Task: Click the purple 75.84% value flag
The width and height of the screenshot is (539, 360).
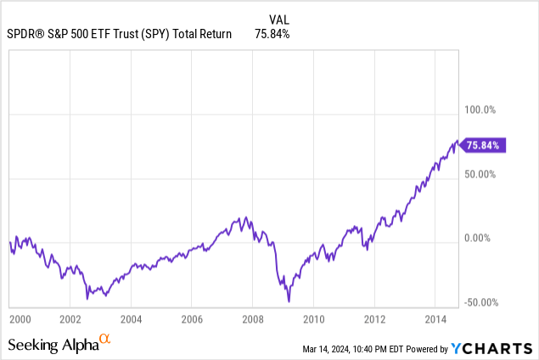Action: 486,145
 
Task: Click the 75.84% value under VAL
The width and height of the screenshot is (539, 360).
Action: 272,35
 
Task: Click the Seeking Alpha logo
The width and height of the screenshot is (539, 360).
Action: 59,344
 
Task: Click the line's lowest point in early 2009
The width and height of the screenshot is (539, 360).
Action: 289,301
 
